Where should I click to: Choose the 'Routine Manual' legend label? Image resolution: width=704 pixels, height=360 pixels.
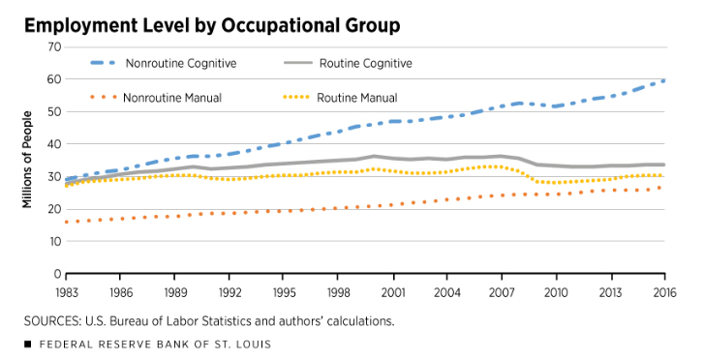click(356, 97)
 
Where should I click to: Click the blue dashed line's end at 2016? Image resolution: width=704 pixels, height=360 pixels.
click(662, 80)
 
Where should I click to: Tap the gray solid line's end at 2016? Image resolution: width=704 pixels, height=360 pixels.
click(662, 165)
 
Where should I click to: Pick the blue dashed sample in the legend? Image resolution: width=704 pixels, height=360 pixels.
click(111, 64)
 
